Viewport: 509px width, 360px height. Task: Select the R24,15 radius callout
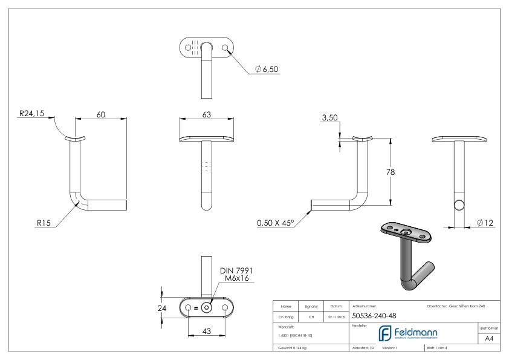(x=31, y=113)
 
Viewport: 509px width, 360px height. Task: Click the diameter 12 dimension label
(x=485, y=223)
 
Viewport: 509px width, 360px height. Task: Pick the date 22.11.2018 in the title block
(x=336, y=316)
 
